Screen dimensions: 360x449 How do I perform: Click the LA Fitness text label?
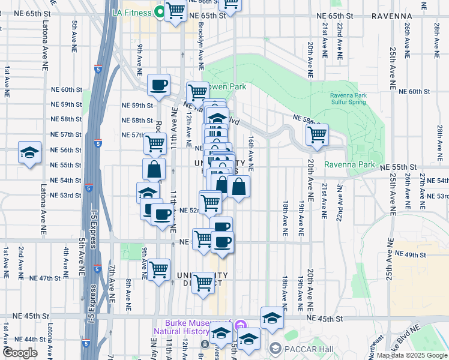(133, 11)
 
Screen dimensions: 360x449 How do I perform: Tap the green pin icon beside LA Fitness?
(160, 11)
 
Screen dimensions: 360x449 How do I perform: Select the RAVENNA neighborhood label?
(392, 16)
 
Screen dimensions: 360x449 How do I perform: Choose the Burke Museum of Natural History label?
(192, 326)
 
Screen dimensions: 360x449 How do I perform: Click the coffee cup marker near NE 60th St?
(159, 85)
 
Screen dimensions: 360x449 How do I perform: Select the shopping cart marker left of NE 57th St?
(155, 143)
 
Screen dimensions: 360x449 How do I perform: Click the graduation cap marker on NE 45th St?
(272, 318)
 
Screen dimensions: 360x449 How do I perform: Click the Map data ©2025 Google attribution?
(411, 355)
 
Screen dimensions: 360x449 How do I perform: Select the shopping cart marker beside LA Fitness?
(175, 10)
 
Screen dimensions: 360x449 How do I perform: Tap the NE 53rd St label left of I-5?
(66, 196)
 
